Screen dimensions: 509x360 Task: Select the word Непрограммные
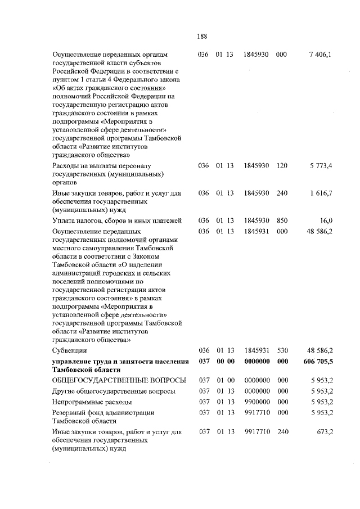click(x=78, y=402)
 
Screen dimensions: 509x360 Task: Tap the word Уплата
click(x=63, y=220)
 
